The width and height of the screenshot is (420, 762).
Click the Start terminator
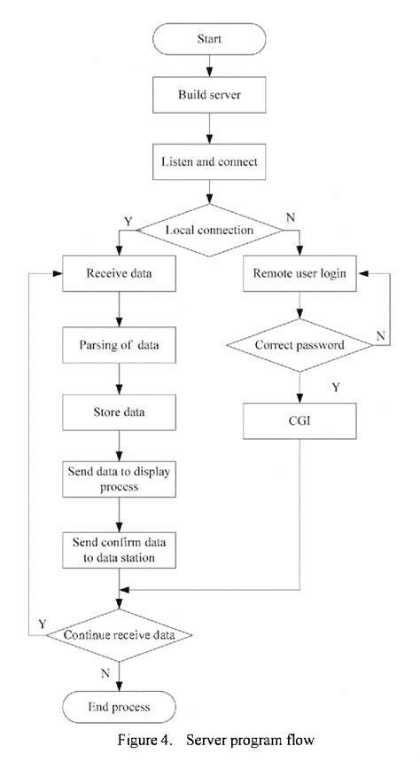pos(209,40)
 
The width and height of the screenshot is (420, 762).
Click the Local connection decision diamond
pos(209,230)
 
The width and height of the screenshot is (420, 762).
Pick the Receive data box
pos(119,274)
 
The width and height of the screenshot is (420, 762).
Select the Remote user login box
pos(300,274)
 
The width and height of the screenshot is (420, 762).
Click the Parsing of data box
pos(119,342)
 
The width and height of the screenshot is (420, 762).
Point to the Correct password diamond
pos(300,342)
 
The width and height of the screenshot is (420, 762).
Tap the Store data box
pos(119,412)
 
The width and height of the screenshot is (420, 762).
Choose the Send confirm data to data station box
pos(119,549)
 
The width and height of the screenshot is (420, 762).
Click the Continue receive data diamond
pos(119,635)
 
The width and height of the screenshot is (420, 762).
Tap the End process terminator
pos(119,707)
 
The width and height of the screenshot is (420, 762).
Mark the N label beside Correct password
pos(380,335)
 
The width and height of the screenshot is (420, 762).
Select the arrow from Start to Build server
pos(209,67)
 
